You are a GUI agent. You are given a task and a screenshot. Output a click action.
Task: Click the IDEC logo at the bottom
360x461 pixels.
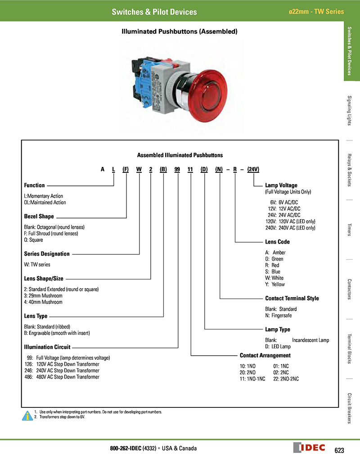click(310, 448)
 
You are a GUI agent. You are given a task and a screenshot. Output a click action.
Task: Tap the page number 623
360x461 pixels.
click(339, 450)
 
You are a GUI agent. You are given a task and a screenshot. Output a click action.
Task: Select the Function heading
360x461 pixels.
click(34, 185)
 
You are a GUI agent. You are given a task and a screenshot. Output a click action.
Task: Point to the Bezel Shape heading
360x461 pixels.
click(39, 217)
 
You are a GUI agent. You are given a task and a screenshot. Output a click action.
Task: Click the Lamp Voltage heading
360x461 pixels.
click(281, 185)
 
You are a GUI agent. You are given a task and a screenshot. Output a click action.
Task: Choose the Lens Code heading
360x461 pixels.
click(277, 242)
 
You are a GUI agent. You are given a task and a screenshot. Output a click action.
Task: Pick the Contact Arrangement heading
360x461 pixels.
click(265, 356)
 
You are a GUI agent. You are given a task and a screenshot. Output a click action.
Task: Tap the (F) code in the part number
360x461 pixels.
click(126, 169)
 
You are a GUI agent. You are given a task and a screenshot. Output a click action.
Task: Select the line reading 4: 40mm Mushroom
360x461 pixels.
click(43, 302)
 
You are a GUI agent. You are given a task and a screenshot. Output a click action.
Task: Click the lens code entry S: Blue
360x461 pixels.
click(273, 272)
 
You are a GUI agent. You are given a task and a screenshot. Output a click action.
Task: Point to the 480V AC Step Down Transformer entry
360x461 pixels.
click(62, 377)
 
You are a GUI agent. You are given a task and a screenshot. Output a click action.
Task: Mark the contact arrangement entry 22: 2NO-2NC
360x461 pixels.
click(286, 379)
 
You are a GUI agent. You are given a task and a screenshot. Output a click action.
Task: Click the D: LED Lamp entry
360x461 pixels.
click(278, 347)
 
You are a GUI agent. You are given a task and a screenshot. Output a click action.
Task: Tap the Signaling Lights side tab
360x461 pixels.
click(350, 111)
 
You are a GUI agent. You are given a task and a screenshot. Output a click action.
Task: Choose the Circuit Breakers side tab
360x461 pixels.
click(350, 408)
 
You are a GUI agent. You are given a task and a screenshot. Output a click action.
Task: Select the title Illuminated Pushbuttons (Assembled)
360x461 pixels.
click(180, 32)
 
